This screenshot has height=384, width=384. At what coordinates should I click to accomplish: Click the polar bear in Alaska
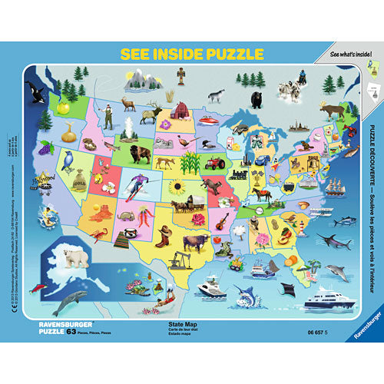[x=76, y=259]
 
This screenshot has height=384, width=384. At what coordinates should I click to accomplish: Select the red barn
[x=180, y=110]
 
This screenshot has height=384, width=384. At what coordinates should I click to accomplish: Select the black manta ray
[x=290, y=290]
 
